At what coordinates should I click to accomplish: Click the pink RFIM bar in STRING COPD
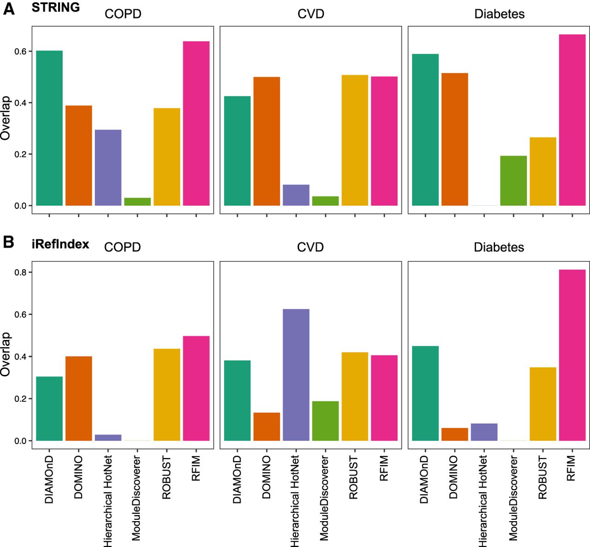pos(196,123)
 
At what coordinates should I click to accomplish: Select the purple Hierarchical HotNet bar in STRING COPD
pos(108,167)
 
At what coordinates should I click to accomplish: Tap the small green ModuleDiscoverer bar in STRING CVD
pos(325,201)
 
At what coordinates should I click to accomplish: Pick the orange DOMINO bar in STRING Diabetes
pos(454,139)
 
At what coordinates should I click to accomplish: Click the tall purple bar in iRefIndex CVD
pos(296,375)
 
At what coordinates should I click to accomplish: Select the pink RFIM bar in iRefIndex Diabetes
pos(572,355)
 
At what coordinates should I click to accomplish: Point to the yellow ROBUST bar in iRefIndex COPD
pos(167,394)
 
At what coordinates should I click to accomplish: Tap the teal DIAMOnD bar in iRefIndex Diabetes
pos(425,393)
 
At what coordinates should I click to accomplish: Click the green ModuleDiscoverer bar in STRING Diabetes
pos(513,180)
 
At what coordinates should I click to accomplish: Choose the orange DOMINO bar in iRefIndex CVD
pos(266,427)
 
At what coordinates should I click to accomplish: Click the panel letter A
pos(9,9)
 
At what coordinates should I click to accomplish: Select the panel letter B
pos(8,243)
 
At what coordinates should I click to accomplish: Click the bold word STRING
pos(55,7)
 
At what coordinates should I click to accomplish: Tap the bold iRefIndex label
pos(60,244)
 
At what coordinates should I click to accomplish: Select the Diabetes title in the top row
pos(499,14)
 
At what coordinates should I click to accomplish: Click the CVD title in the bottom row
pos(310,247)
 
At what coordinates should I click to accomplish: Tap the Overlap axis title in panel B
pos(6,354)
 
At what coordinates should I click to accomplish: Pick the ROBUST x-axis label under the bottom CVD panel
pos(354,477)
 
